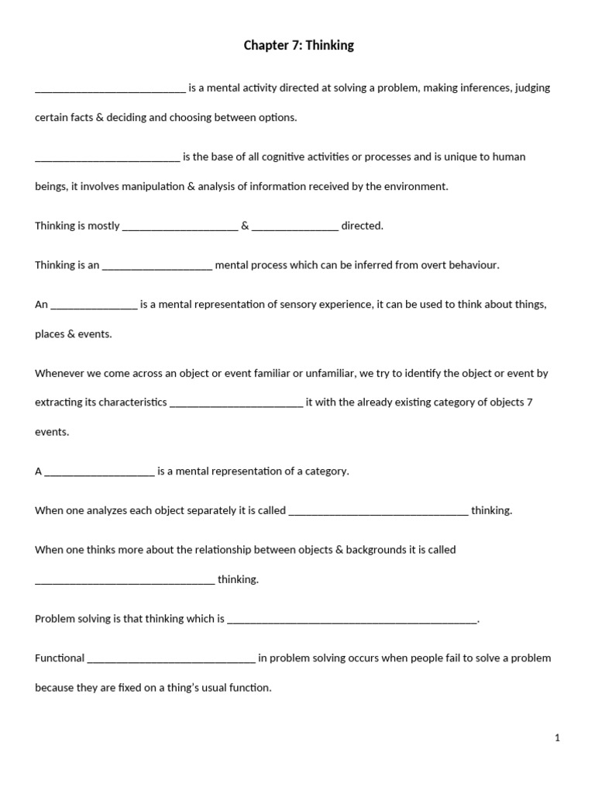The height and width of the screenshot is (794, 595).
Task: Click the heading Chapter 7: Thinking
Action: pos(298,46)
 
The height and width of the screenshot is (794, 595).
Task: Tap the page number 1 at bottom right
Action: pos(557,738)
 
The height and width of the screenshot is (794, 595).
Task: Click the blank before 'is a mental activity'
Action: pos(110,89)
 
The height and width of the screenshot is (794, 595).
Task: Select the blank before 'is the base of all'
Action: pos(107,158)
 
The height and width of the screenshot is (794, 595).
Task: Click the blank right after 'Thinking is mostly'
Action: pos(180,227)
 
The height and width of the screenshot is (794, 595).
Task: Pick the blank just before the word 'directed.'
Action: pos(295,227)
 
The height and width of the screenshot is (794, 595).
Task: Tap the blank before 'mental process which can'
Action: pos(156,266)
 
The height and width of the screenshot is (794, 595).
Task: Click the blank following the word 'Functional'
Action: pos(171,659)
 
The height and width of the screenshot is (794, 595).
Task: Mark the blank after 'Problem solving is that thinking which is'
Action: pos(353,620)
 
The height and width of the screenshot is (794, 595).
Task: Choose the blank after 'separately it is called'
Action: pos(378,512)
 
